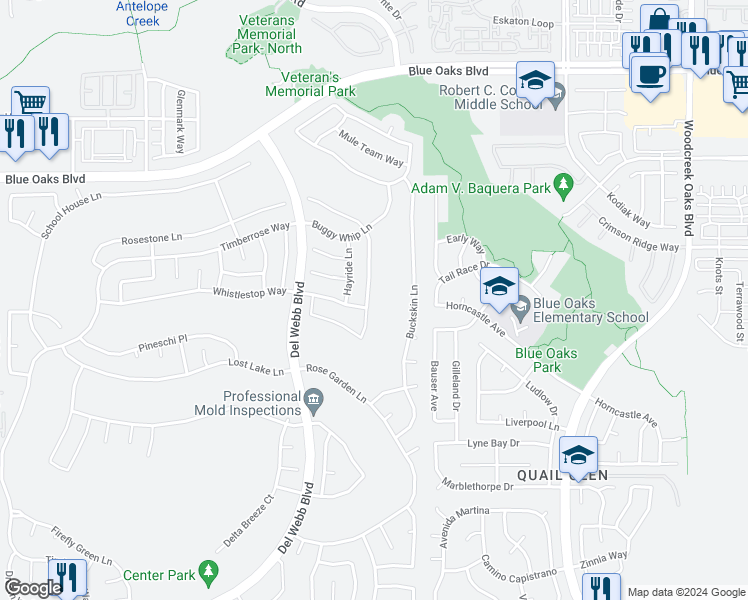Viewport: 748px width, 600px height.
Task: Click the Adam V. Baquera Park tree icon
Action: (x=564, y=184)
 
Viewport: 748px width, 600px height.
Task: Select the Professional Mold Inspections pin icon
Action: (x=313, y=404)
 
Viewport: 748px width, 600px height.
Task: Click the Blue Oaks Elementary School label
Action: (x=590, y=311)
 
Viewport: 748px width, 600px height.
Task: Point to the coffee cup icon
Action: (x=650, y=75)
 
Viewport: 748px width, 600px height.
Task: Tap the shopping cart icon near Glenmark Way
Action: (x=31, y=101)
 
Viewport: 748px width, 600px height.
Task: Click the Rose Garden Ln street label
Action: (x=336, y=383)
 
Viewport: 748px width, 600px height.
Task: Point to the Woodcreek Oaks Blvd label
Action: (x=689, y=180)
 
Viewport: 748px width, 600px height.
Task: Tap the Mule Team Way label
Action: (x=371, y=149)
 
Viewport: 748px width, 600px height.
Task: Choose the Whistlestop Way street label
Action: (x=249, y=292)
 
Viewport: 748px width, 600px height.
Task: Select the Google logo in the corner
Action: (x=32, y=588)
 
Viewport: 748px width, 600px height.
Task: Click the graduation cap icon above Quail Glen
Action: (x=578, y=455)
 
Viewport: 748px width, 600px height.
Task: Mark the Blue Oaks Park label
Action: (x=546, y=360)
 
